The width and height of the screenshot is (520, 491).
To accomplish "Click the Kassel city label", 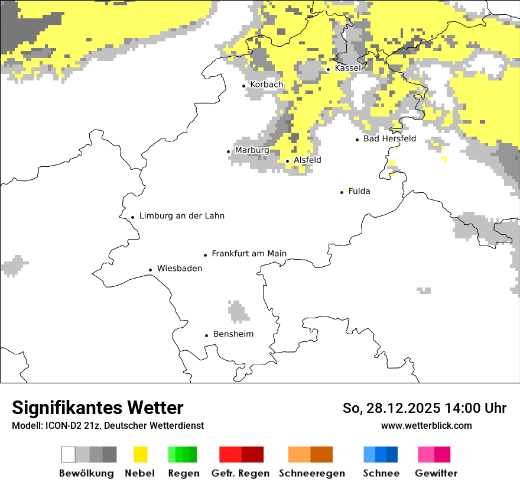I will click(x=347, y=68).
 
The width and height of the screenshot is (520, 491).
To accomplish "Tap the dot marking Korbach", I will click(x=244, y=86).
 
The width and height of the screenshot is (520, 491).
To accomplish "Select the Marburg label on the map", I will click(x=252, y=150).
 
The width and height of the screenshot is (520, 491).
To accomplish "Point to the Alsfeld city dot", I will click(x=288, y=161).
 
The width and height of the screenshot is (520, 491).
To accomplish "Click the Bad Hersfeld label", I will click(x=389, y=138).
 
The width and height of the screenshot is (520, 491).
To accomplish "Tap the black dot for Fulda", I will click(x=342, y=192).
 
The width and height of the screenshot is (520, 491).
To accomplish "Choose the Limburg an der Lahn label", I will click(x=181, y=216).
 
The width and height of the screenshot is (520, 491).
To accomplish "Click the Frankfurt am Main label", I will click(x=249, y=253).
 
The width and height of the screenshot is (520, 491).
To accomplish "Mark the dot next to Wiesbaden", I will click(x=151, y=270).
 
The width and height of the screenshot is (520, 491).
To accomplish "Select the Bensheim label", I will click(x=233, y=334).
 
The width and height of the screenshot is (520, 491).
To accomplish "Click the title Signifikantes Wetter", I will click(x=97, y=408).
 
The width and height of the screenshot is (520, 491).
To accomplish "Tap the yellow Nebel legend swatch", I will click(x=140, y=454).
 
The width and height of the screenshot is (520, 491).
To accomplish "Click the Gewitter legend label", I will click(x=436, y=473).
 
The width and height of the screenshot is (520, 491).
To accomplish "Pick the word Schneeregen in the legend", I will click(x=311, y=473).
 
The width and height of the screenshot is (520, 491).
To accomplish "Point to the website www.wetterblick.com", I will click(x=426, y=425).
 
